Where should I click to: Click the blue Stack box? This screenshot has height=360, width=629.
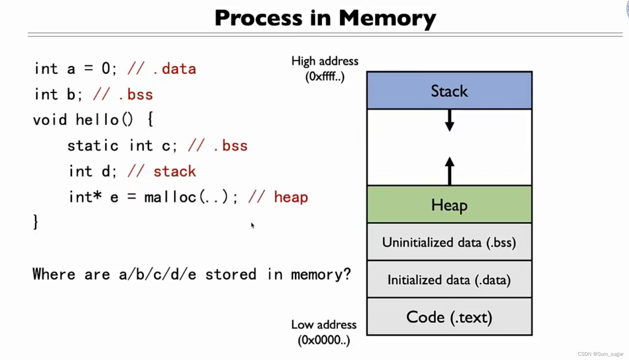[x=449, y=90]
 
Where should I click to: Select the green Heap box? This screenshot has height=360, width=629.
[x=449, y=204]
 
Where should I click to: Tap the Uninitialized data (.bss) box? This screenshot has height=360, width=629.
[x=449, y=242]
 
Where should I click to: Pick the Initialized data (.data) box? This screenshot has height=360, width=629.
[x=449, y=280]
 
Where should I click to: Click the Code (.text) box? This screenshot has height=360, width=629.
[x=449, y=317]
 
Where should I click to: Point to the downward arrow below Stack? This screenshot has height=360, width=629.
[x=449, y=121]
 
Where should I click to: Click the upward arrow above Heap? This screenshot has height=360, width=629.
[x=449, y=170]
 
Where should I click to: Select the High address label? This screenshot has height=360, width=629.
[x=325, y=61]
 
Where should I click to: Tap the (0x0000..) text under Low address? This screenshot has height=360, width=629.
[x=324, y=340]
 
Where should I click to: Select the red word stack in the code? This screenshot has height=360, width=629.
[x=174, y=171]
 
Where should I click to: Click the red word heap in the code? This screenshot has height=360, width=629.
[x=291, y=197]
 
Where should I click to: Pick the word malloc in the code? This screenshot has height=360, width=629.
[x=170, y=197]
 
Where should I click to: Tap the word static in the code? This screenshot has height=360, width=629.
[x=93, y=146]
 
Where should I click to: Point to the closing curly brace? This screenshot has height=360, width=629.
[x=35, y=222]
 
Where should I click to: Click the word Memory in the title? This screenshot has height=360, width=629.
[x=387, y=18]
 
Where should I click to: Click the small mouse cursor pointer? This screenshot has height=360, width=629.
[x=252, y=225]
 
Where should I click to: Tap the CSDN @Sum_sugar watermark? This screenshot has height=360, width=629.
[x=600, y=354]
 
